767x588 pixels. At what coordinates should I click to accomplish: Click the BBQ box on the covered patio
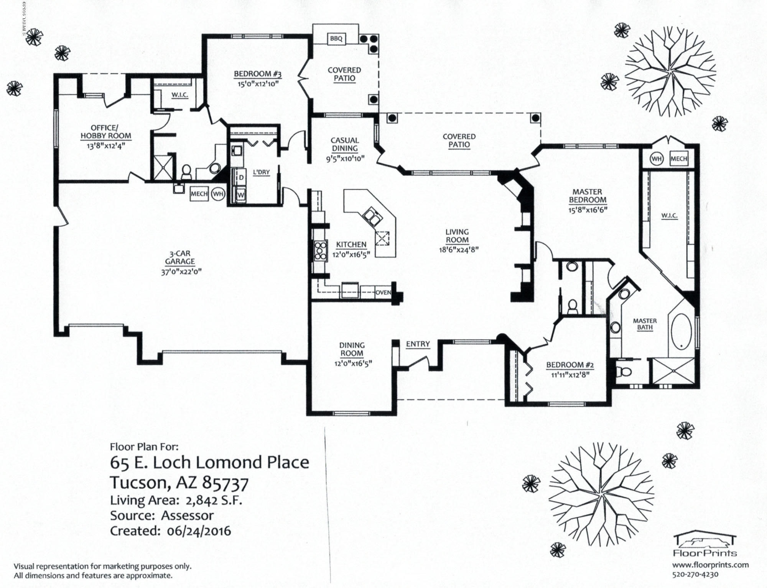pos(336,39)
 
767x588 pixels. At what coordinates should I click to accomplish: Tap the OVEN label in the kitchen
pos(383,292)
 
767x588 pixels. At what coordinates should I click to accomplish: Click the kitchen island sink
pos(372,216)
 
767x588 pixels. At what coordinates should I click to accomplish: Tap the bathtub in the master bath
pos(681,332)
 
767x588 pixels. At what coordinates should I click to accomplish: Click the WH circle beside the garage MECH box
pos(218,194)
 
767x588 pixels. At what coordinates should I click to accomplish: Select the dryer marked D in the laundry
pos(241,178)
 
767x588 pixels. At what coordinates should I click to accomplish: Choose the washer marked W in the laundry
pos(241,195)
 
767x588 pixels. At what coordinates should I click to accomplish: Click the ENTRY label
pos(418,344)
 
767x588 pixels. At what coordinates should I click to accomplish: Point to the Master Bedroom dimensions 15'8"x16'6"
pos(588,210)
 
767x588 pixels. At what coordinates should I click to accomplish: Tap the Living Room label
pos(457,236)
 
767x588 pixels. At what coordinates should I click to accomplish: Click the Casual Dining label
pos(345,144)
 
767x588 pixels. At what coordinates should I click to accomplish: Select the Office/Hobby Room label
pos(106,132)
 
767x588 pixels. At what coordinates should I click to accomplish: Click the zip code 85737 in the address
pos(225,483)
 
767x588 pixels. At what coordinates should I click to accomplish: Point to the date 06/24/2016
pos(199,531)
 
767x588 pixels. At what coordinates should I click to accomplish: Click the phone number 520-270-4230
pos(695,575)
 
